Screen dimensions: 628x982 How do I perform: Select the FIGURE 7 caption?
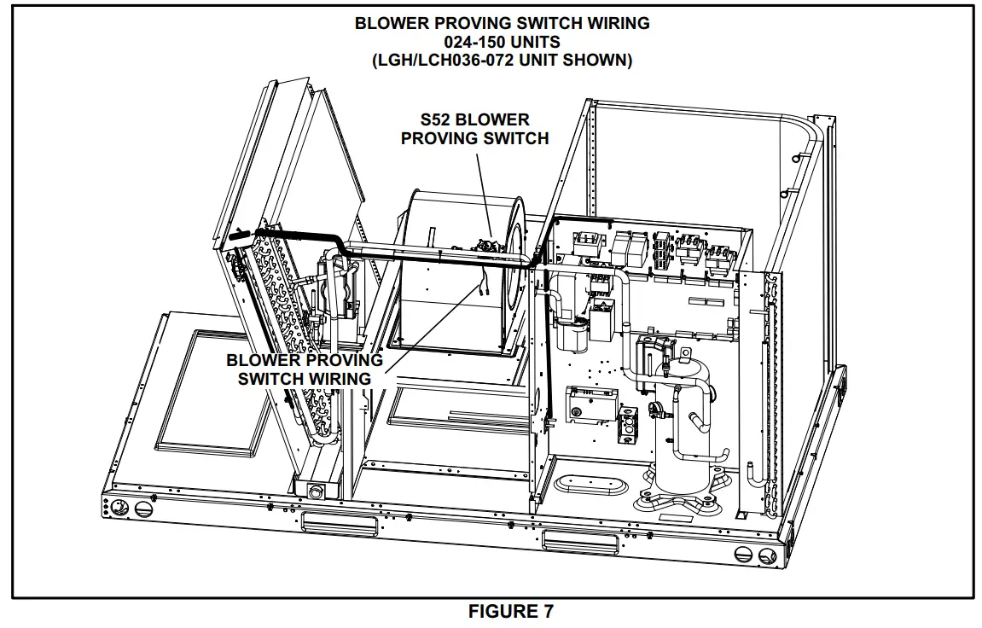coord(510,612)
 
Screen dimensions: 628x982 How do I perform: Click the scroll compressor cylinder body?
coord(682,427)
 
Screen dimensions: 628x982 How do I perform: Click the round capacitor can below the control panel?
coord(571,334)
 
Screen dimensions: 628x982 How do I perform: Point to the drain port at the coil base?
coord(317,491)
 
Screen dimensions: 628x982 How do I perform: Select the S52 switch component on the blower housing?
coord(490,248)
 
